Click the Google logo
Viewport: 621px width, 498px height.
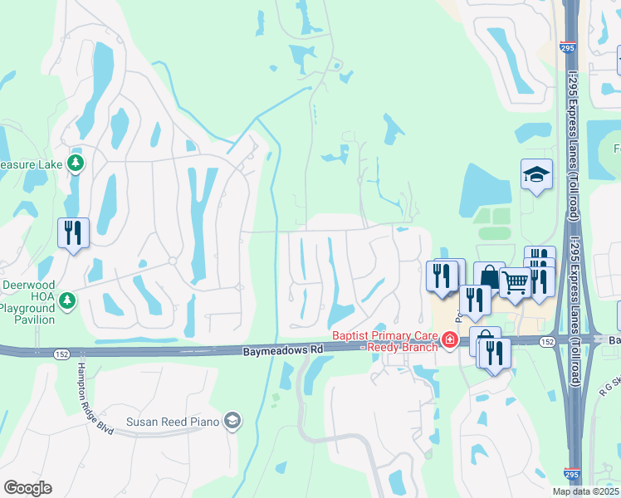tap(27, 488)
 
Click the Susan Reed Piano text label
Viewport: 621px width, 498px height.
tap(173, 422)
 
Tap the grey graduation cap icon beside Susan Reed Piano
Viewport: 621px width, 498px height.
tap(233, 422)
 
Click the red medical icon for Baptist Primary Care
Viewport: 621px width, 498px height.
tap(449, 339)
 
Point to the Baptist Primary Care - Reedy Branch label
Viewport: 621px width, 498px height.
tap(384, 341)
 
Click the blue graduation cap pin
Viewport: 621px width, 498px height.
tap(536, 174)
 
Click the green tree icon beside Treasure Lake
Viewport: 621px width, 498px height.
tap(76, 163)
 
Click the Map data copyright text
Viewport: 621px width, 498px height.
tap(586, 491)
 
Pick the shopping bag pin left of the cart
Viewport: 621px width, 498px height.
tap(489, 276)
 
